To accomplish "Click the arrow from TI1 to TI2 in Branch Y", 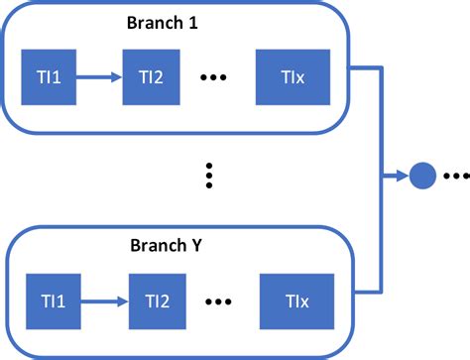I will (x=103, y=298).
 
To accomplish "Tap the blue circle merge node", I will (x=423, y=177).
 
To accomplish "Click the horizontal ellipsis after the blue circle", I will (x=455, y=177).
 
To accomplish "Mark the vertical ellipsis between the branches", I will (x=208, y=177).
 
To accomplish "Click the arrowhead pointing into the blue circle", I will (x=404, y=177).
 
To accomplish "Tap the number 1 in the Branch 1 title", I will (x=208, y=22).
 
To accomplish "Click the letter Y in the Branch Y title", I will (x=208, y=245).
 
